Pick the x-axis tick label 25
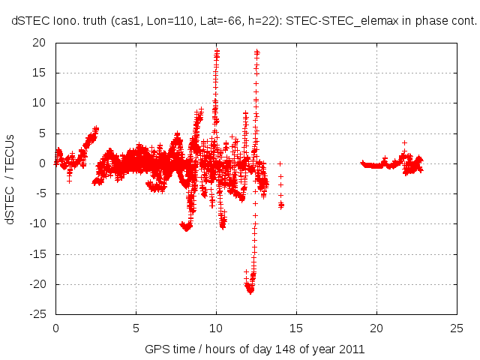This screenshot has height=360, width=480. tap(457, 328)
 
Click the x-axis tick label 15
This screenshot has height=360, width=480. tap(296, 328)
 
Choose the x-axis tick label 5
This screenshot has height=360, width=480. tap(136, 328)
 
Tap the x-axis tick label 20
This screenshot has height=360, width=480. tap(377, 328)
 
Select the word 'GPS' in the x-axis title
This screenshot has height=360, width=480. tap(157, 349)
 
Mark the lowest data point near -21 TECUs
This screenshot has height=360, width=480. tap(250, 291)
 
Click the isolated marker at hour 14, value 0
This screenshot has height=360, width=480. tap(280, 163)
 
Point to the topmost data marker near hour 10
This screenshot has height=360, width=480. tap(217, 51)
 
